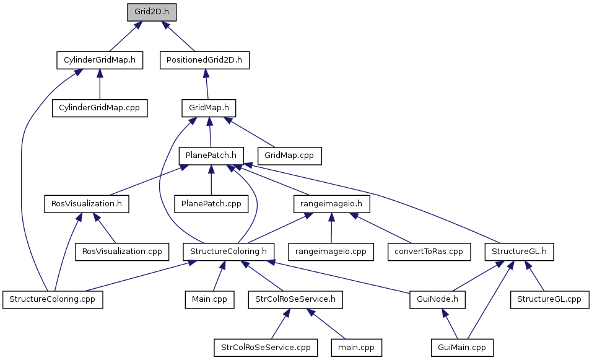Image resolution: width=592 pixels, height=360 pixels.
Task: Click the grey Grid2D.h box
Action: [x=151, y=12]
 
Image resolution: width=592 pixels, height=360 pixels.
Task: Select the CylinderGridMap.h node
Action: [x=100, y=60]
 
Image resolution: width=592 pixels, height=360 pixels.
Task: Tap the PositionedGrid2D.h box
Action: [x=204, y=60]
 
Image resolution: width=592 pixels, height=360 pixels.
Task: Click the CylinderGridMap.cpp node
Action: [x=99, y=108]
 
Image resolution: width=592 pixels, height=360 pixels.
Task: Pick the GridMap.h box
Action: [x=209, y=108]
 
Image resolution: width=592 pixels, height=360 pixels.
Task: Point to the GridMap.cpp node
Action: [x=289, y=156]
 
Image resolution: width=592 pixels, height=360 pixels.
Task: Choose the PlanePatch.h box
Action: [x=211, y=156]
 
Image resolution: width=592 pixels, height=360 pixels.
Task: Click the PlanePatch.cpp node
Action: [x=211, y=204]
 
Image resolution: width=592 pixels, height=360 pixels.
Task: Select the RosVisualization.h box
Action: [x=87, y=204]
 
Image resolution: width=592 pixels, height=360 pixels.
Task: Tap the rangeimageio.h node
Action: [x=331, y=204]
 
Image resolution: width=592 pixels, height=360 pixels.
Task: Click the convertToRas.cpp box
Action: [x=429, y=252]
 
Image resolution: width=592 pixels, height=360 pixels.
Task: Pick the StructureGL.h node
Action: [x=519, y=252]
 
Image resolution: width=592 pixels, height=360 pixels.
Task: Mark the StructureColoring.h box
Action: [x=229, y=252]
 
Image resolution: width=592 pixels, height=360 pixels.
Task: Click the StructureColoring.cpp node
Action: [x=53, y=299]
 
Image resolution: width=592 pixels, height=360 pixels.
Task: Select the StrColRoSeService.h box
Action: [x=295, y=299]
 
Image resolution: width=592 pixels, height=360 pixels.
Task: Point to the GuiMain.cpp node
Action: [x=462, y=348]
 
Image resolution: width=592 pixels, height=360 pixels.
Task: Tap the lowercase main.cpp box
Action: [x=357, y=348]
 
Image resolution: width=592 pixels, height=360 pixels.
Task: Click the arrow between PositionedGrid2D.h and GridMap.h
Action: [x=206, y=84]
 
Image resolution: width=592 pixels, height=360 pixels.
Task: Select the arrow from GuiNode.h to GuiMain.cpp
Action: [x=450, y=323]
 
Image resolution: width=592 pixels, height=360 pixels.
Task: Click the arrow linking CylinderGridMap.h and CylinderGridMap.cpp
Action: [x=100, y=84]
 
